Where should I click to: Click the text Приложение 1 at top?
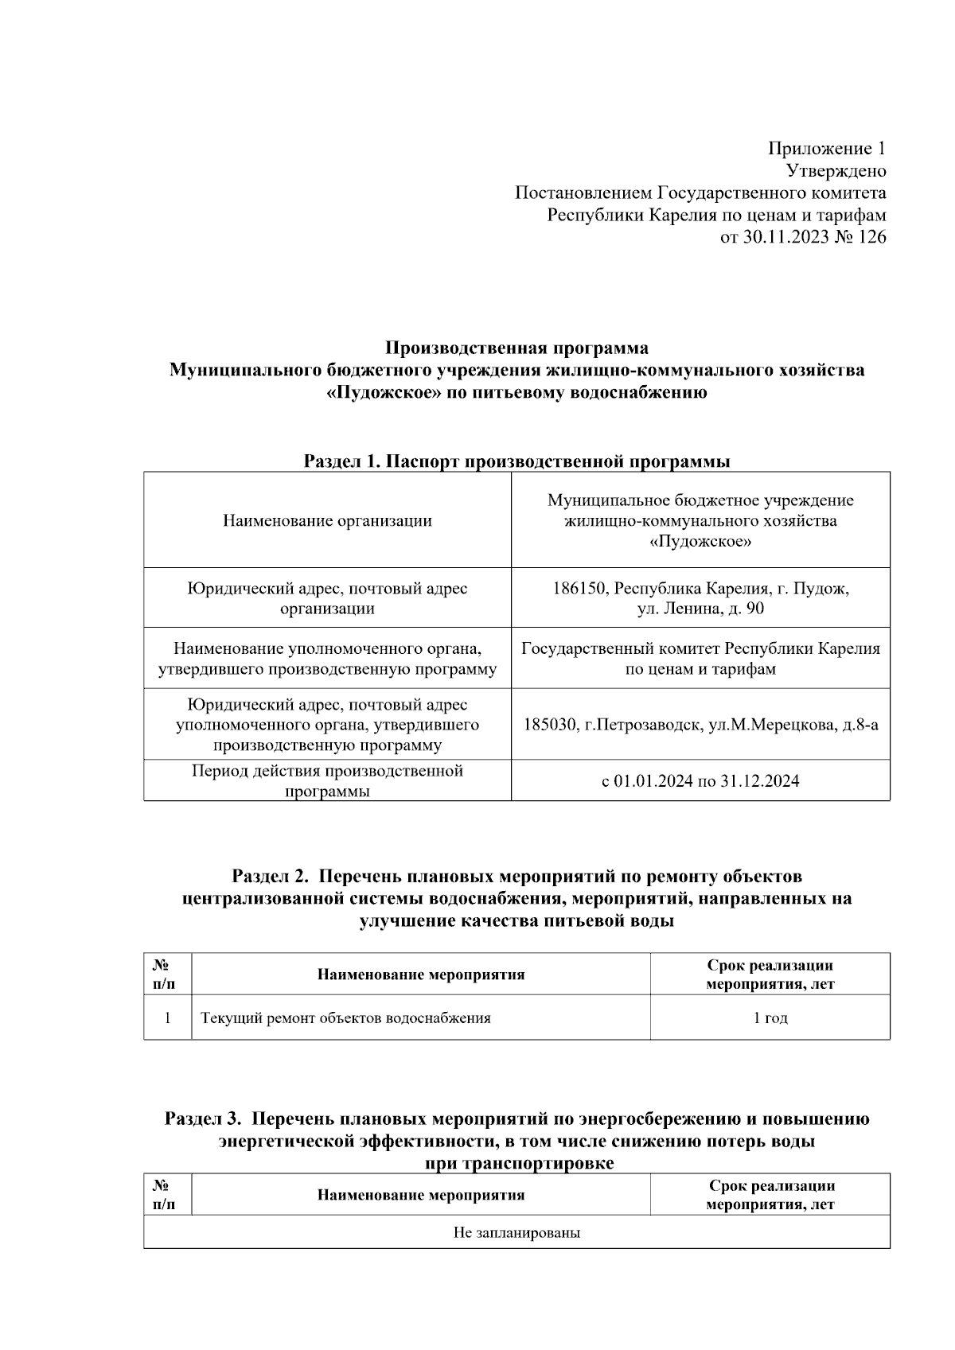pyautogui.click(x=826, y=149)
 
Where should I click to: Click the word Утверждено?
pyautogui.click(x=836, y=171)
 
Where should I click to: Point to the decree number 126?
pyautogui.click(x=871, y=238)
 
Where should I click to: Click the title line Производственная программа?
pyautogui.click(x=516, y=348)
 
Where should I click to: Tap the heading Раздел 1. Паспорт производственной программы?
pyautogui.click(x=516, y=461)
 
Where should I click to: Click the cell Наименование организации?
pyautogui.click(x=327, y=521)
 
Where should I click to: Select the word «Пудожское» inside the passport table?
pyautogui.click(x=700, y=542)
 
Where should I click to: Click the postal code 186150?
pyautogui.click(x=580, y=589)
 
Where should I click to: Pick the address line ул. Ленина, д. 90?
pyautogui.click(x=700, y=609)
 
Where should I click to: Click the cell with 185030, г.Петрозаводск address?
pyautogui.click(x=700, y=725)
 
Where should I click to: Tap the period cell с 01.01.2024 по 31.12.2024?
pyautogui.click(x=700, y=781)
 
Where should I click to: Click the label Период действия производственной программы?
pyautogui.click(x=327, y=780)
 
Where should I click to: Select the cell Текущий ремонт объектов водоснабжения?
pyautogui.click(x=345, y=1018)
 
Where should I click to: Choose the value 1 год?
pyautogui.click(x=770, y=1018)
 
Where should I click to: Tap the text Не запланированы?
pyautogui.click(x=516, y=1233)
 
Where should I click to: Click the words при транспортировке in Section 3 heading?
pyautogui.click(x=520, y=1163)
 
